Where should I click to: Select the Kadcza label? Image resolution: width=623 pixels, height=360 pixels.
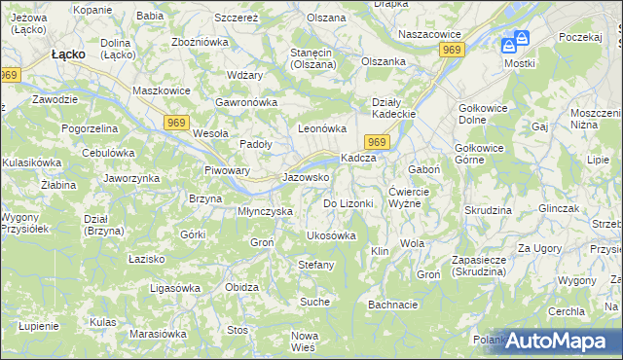pos(357,159)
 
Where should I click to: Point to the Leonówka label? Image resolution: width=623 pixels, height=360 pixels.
pos(321,128)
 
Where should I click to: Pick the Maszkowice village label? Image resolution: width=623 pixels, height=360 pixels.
pos(161,91)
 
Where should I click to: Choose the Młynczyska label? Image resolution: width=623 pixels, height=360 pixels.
pos(266,211)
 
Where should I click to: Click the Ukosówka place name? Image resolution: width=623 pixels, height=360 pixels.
pos(331,235)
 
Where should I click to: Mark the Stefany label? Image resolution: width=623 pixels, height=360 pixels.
pos(315,265)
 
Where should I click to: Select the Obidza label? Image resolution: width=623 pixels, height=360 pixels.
pos(241,287)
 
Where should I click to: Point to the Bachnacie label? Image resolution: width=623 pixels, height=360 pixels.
pos(392,305)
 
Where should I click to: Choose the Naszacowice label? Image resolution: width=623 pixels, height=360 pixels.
pos(428,34)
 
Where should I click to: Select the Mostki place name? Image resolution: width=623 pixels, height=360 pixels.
pos(520,63)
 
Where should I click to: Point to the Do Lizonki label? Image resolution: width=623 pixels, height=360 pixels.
pos(348,203)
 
